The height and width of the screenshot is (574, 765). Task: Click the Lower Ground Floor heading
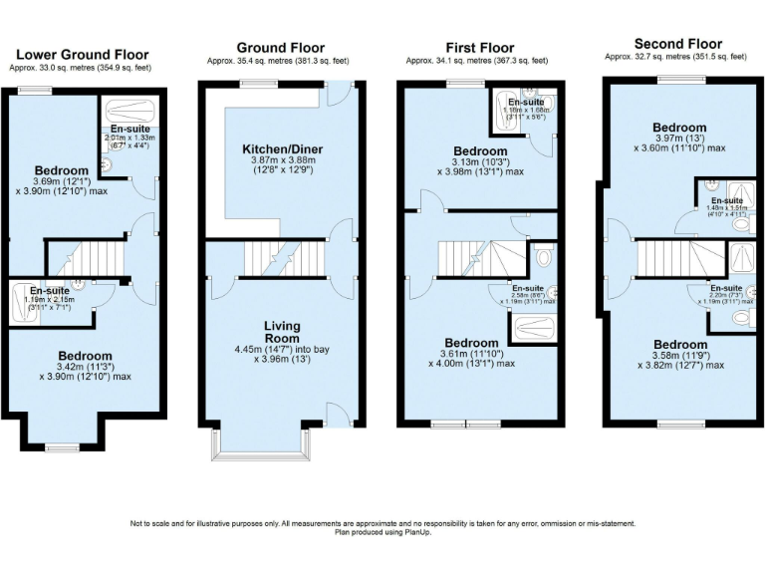(84, 55)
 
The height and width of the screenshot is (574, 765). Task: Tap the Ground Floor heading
(281, 47)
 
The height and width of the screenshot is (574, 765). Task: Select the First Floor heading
(479, 47)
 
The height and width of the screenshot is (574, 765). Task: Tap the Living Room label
(281, 333)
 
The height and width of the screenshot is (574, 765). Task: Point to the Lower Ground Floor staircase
(86, 258)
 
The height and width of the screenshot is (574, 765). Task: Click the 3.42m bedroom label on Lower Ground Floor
(85, 356)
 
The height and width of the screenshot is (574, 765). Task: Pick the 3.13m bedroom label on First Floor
(481, 150)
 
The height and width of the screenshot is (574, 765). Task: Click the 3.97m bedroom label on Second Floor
(679, 128)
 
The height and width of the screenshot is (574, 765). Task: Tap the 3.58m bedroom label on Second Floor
(679, 345)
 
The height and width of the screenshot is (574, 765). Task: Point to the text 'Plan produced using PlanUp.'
(382, 532)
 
